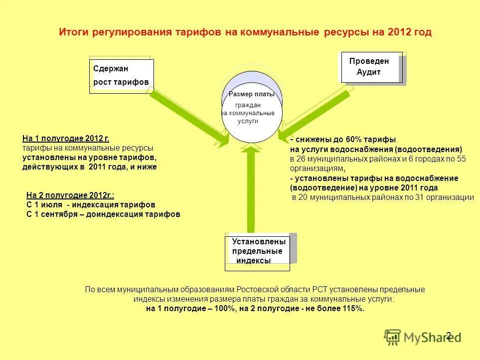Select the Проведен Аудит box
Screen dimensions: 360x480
pos(371,67)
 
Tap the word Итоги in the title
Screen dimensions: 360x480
pos(74,32)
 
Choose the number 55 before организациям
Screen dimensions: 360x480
pos(461,159)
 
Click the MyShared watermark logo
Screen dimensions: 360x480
pos(422,338)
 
